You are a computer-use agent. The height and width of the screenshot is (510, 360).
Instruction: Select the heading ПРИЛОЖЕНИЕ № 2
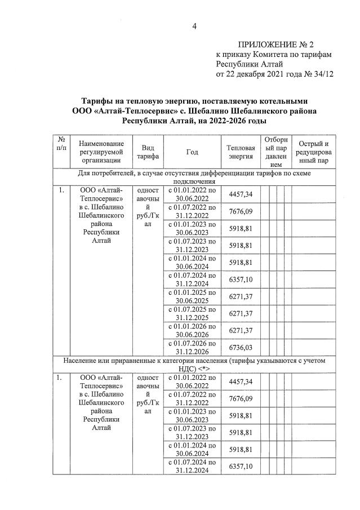(276, 44)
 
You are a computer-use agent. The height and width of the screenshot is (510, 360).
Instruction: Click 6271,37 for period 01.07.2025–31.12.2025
(241, 313)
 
